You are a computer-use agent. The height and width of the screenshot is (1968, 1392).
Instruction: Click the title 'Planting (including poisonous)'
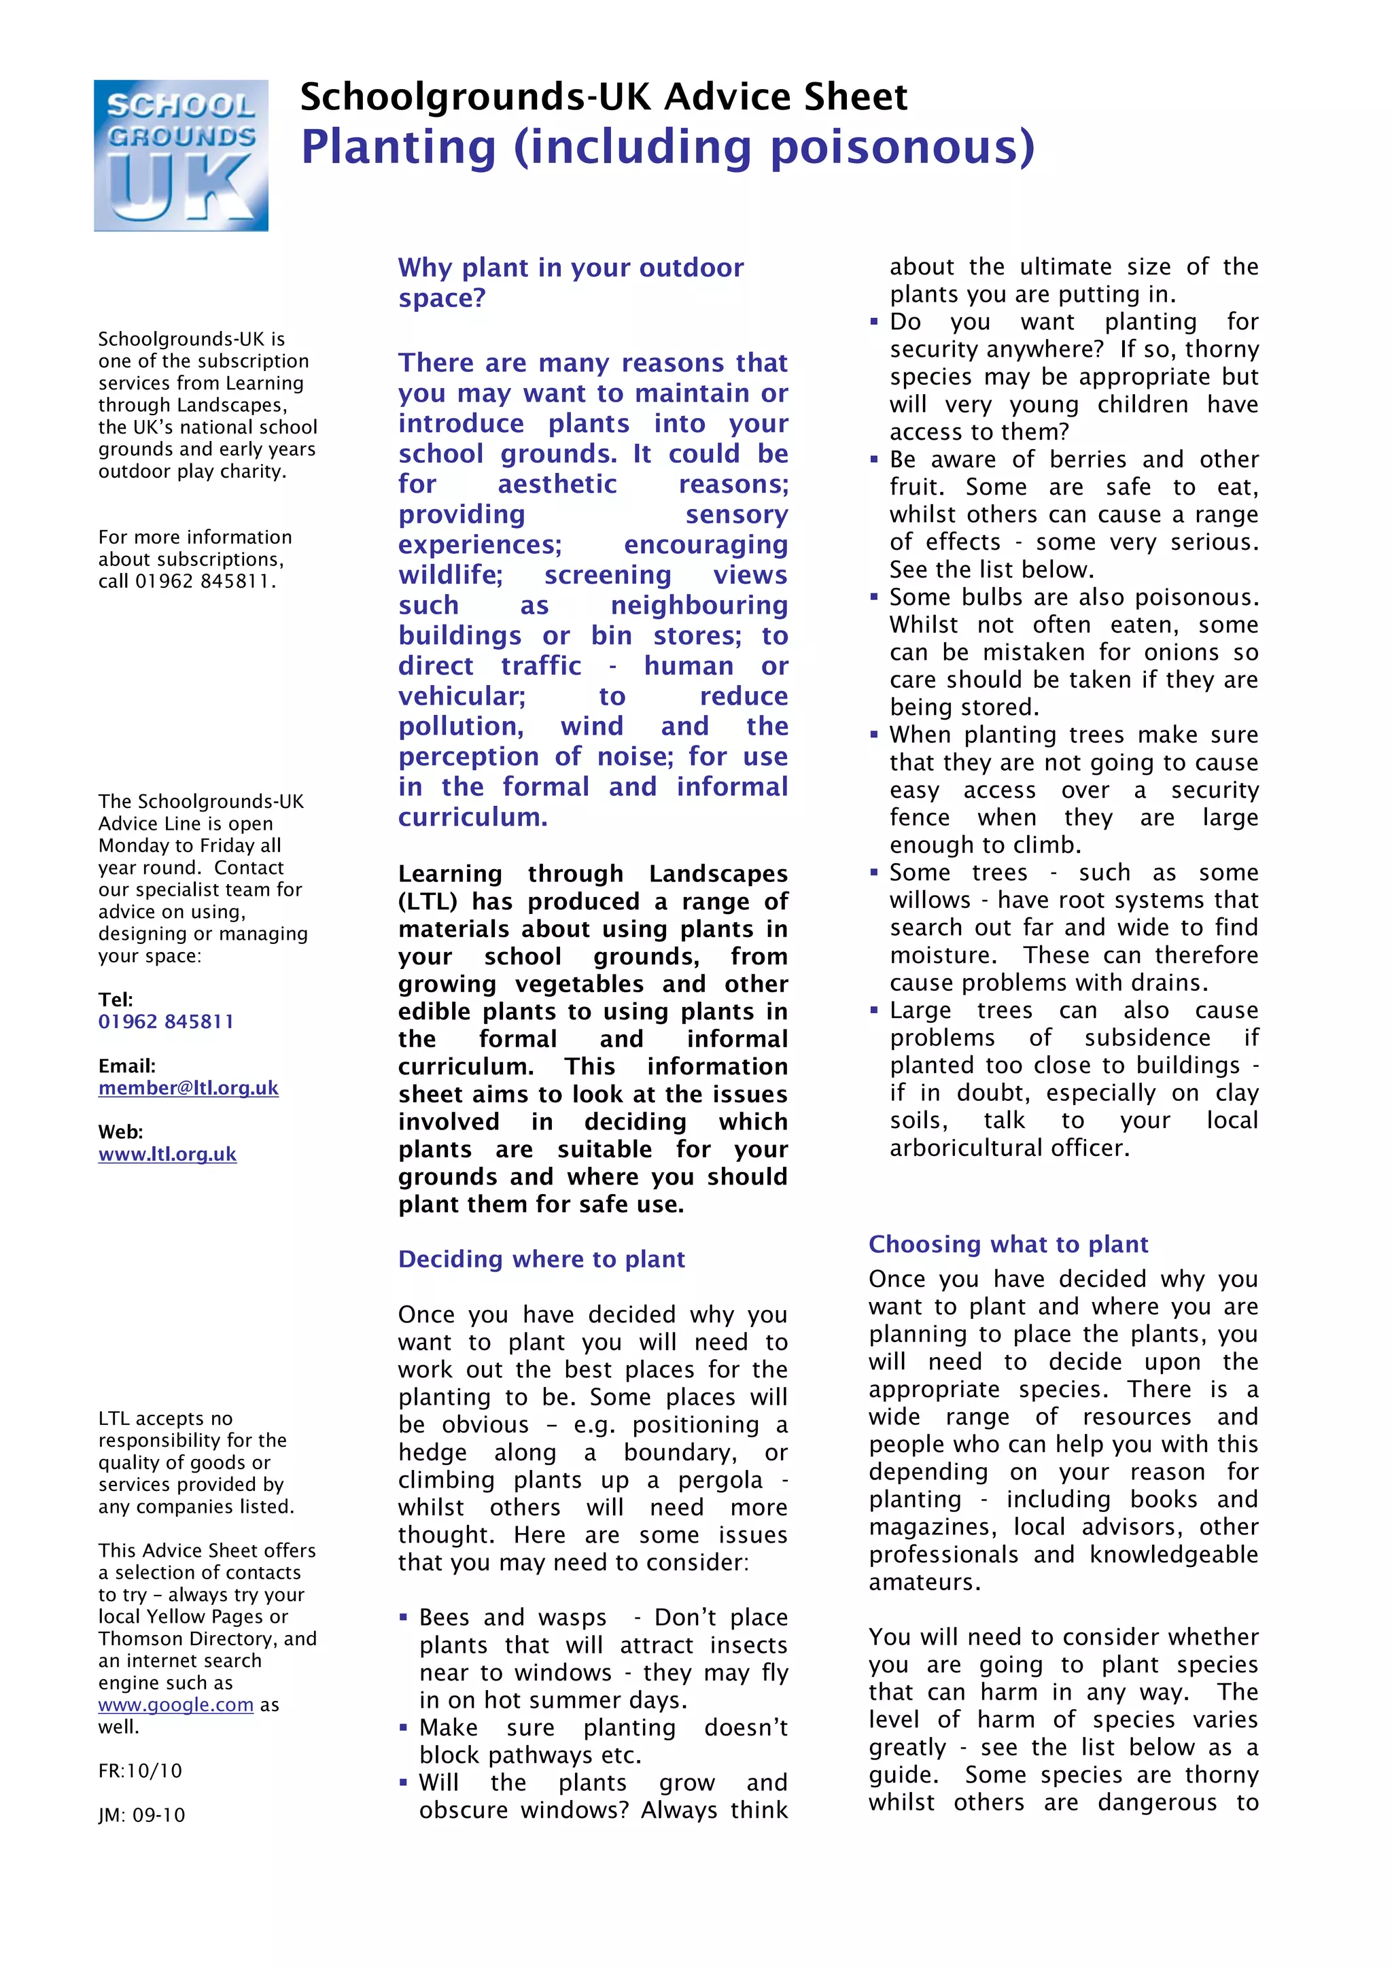pos(667,147)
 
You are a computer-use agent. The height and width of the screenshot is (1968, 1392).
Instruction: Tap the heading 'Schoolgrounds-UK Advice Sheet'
pos(604,97)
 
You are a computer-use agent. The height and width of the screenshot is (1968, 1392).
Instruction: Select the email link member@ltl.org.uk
pos(188,1088)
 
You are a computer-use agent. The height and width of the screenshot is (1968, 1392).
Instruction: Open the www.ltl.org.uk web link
pos(167,1154)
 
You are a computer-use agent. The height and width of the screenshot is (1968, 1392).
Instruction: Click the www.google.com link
pos(176,1705)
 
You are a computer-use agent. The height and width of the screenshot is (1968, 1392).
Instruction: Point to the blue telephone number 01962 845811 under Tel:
pos(165,1021)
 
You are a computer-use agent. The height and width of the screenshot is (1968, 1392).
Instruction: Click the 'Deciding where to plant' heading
pos(541,1259)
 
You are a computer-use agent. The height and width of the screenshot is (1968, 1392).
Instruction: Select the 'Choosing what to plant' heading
pos(1008,1244)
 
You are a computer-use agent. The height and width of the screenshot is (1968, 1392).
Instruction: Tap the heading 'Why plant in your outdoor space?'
pos(570,282)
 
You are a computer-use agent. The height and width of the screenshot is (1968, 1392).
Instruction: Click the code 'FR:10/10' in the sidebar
pos(140,1771)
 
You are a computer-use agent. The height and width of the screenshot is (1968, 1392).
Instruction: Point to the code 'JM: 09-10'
pos(141,1814)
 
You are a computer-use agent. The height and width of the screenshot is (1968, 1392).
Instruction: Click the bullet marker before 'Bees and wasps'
pos(404,1617)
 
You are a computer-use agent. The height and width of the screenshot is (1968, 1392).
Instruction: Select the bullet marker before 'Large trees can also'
pos(874,1011)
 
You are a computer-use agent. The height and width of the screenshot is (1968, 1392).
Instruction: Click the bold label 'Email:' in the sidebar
pos(127,1066)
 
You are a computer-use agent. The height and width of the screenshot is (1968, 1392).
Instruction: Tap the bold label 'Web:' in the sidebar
pos(120,1131)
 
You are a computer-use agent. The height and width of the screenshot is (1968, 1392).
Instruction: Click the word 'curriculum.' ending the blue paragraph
pos(472,817)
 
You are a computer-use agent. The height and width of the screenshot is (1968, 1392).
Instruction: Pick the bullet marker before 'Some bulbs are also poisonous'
pos(874,597)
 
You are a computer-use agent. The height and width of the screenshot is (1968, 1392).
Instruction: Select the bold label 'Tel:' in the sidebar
pos(115,1000)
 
